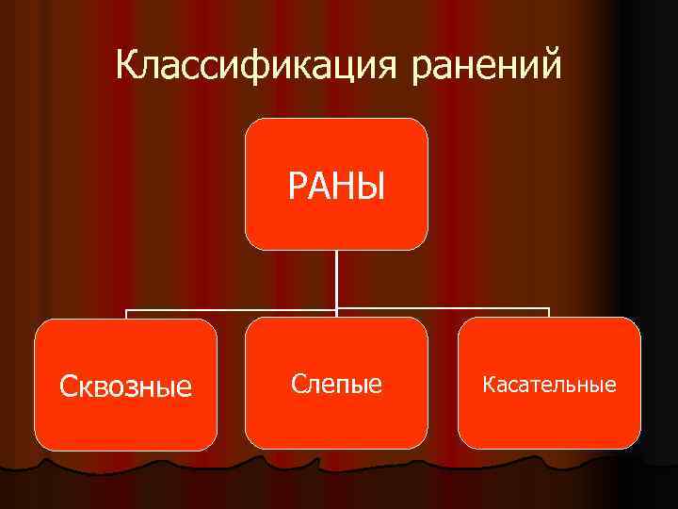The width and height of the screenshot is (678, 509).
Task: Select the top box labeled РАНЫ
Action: coord(336,184)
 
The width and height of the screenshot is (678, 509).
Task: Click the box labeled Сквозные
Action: coord(126,385)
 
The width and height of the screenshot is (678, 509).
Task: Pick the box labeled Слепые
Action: coord(336,383)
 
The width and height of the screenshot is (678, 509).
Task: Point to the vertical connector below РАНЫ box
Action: coord(337,278)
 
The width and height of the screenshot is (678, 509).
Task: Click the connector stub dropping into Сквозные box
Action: coord(126,314)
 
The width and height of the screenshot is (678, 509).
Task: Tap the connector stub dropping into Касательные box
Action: coord(549,313)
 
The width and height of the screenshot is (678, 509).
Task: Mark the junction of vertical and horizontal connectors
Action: coord(337,308)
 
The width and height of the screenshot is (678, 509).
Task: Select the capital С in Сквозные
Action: coord(67,386)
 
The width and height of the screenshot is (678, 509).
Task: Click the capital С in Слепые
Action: coord(299,384)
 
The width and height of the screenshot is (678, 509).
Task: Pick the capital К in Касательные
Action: coord(488,385)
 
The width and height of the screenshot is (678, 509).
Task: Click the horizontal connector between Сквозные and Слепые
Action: coord(231,308)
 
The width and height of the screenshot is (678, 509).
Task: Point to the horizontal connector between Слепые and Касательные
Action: coord(443,308)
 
